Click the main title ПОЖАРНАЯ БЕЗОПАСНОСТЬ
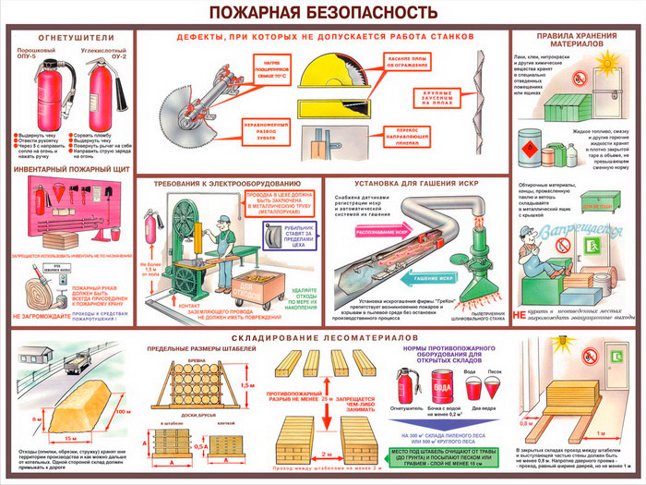(322, 12)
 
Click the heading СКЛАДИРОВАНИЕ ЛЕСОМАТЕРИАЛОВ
(323, 341)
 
